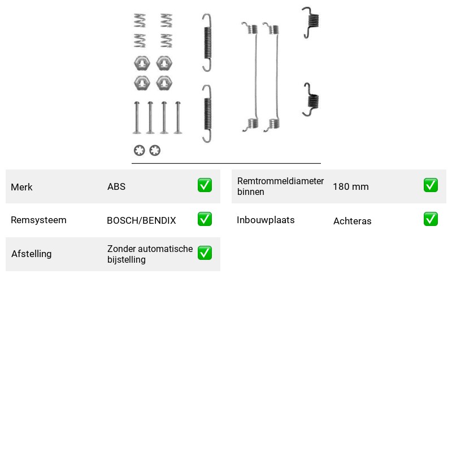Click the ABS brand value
click(116, 186)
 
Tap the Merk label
click(21, 187)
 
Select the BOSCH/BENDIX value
click(141, 220)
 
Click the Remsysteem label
click(38, 220)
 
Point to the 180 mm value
click(350, 186)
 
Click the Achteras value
click(352, 221)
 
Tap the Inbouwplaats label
click(266, 220)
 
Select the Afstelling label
click(32, 254)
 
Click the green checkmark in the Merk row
click(205, 185)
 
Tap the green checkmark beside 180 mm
click(431, 185)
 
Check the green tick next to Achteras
click(431, 219)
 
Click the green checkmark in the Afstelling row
click(205, 253)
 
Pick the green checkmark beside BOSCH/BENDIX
click(205, 219)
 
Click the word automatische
click(166, 249)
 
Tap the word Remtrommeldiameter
click(280, 181)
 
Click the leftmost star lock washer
click(139, 150)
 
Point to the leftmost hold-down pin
click(137, 118)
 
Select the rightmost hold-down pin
click(178, 118)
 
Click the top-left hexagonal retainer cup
click(142, 63)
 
